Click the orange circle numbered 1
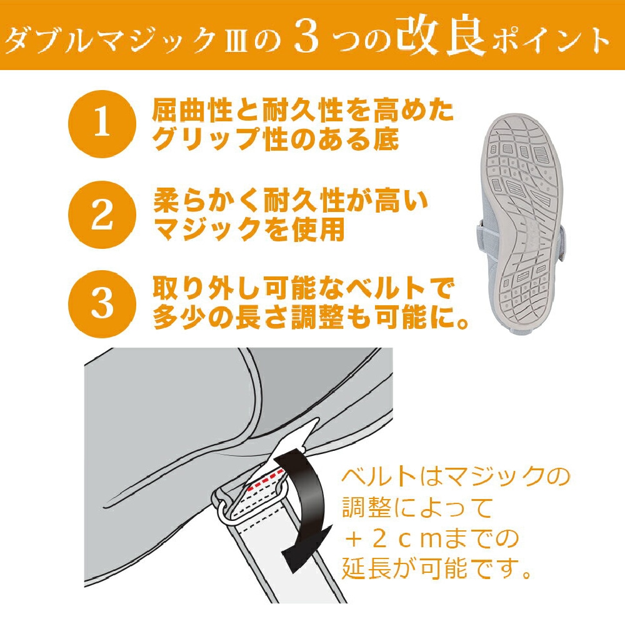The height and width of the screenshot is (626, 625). tap(102, 125)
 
